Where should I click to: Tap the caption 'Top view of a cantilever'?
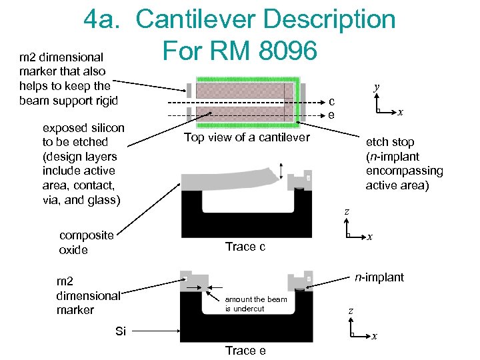pyautogui.click(x=247, y=137)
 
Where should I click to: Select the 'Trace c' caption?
pyautogui.click(x=245, y=247)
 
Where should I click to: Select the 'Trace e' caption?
pyautogui.click(x=245, y=350)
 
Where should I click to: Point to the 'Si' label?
pyautogui.click(x=120, y=331)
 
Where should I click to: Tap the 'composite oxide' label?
pyautogui.click(x=87, y=243)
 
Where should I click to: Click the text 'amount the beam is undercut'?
pyautogui.click(x=256, y=303)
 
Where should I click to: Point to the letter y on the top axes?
pyautogui.click(x=377, y=87)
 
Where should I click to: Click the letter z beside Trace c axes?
pyautogui.click(x=347, y=212)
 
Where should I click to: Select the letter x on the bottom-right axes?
pyautogui.click(x=375, y=337)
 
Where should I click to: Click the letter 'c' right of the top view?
pyautogui.click(x=331, y=101)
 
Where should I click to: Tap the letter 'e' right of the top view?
pyautogui.click(x=331, y=115)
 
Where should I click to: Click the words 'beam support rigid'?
pyautogui.click(x=68, y=101)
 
